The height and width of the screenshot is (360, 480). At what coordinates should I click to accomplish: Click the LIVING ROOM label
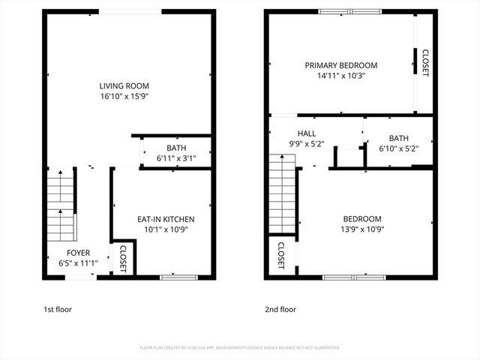tap(129, 85)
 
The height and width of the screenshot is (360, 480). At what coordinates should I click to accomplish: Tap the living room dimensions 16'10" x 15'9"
tap(129, 97)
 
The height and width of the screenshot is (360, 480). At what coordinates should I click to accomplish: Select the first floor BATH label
tap(176, 148)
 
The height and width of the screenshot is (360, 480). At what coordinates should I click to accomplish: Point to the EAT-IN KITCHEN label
tap(166, 219)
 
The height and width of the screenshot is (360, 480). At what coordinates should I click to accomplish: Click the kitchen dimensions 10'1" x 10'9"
tap(166, 229)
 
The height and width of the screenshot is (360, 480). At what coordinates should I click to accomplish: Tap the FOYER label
tap(78, 253)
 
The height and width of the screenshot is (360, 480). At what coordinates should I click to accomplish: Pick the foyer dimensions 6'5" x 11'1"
tap(78, 263)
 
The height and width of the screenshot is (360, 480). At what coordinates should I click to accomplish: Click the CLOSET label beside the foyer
tap(124, 259)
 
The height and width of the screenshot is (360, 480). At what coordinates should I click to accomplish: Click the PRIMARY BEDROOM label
tap(340, 65)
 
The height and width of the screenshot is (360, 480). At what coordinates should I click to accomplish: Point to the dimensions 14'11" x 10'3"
tap(340, 76)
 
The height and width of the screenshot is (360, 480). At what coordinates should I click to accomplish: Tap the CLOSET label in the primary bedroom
tap(425, 63)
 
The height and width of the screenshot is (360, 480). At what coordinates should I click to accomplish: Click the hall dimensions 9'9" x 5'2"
tap(306, 144)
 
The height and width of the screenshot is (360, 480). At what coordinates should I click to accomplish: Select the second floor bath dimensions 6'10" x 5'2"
tap(398, 148)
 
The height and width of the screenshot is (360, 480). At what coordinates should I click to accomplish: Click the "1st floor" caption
tap(58, 309)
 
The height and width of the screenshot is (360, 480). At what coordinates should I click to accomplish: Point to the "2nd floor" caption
tap(280, 309)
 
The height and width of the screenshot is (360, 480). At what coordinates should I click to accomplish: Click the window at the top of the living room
tap(129, 11)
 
